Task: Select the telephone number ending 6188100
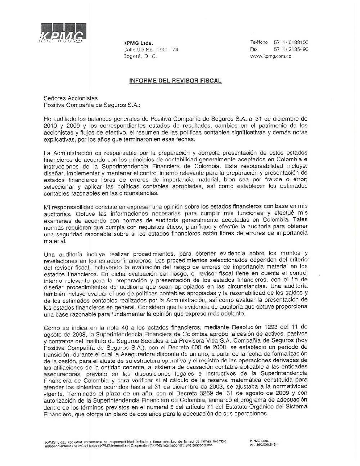tap(291, 42)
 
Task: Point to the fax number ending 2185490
tap(291, 49)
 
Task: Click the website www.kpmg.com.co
tap(270, 56)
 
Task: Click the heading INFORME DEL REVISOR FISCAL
tap(175, 81)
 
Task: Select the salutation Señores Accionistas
tap(70, 98)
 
